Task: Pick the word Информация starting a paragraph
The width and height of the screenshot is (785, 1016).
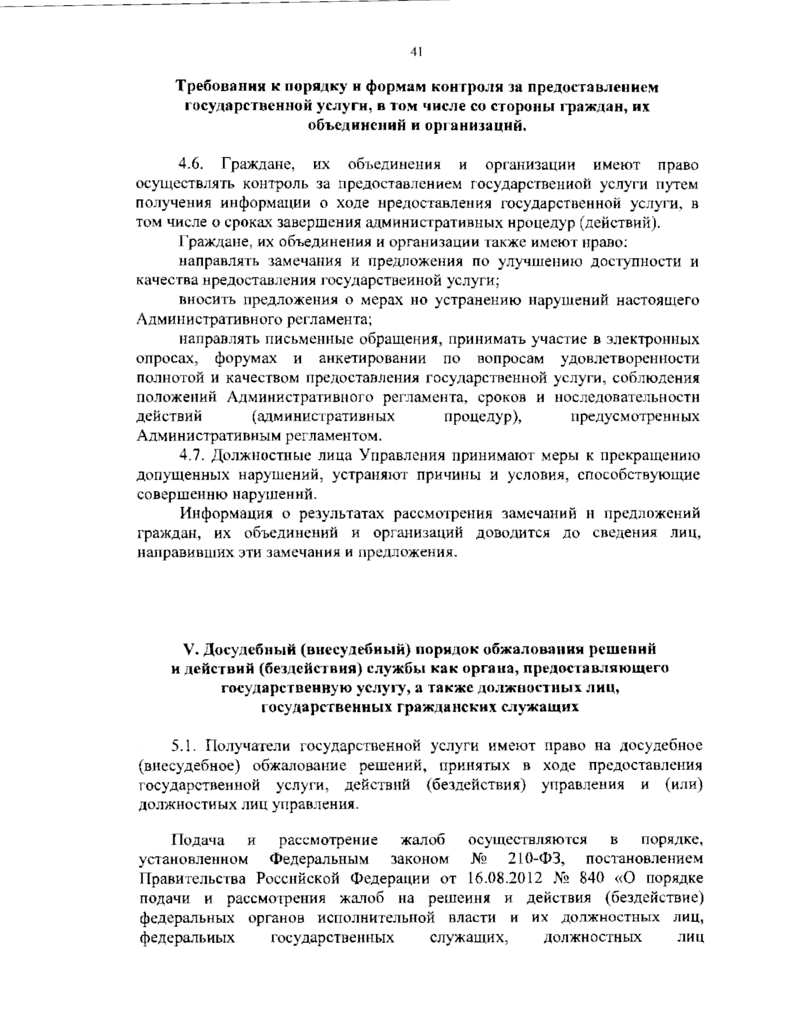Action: [x=226, y=513]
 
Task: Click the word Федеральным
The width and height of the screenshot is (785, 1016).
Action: [x=320, y=858]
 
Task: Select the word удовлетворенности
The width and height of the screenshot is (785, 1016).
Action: [x=630, y=359]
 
